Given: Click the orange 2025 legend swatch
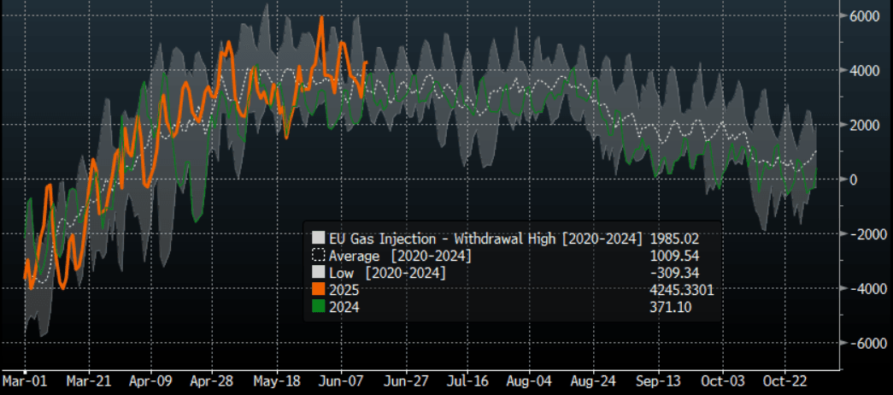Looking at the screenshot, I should click(318, 290).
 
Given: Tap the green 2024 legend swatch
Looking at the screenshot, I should click(318, 307).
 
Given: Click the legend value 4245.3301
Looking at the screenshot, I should click(682, 290).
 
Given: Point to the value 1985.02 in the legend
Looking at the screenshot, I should click(674, 238).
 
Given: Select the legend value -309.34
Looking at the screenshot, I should click(674, 273).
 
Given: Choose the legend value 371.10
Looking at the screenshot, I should click(671, 307).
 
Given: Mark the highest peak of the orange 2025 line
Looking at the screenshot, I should click(320, 17).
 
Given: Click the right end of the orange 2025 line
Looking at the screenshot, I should click(367, 62).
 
